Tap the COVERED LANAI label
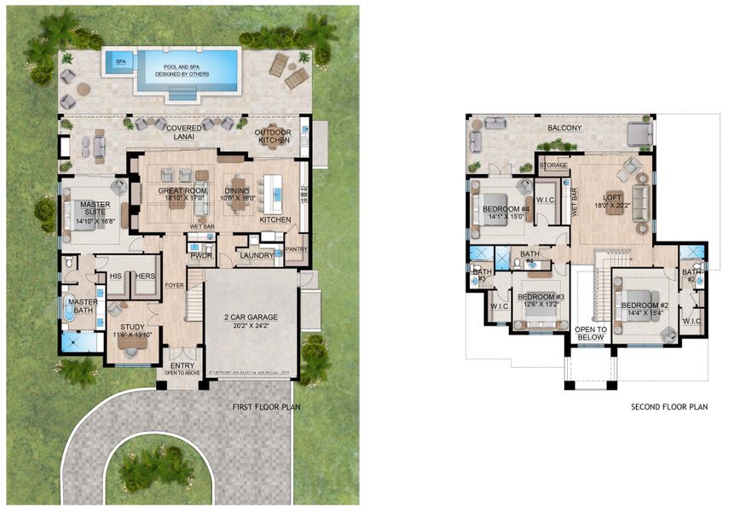(179, 129)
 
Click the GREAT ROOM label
(180, 191)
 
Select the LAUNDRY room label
(257, 254)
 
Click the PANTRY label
(296, 249)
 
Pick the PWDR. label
(201, 254)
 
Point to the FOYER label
(175, 285)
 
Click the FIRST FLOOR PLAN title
(267, 407)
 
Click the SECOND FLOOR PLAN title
(669, 407)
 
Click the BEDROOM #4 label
(506, 209)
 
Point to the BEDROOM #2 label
(644, 305)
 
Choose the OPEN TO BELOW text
(590, 333)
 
